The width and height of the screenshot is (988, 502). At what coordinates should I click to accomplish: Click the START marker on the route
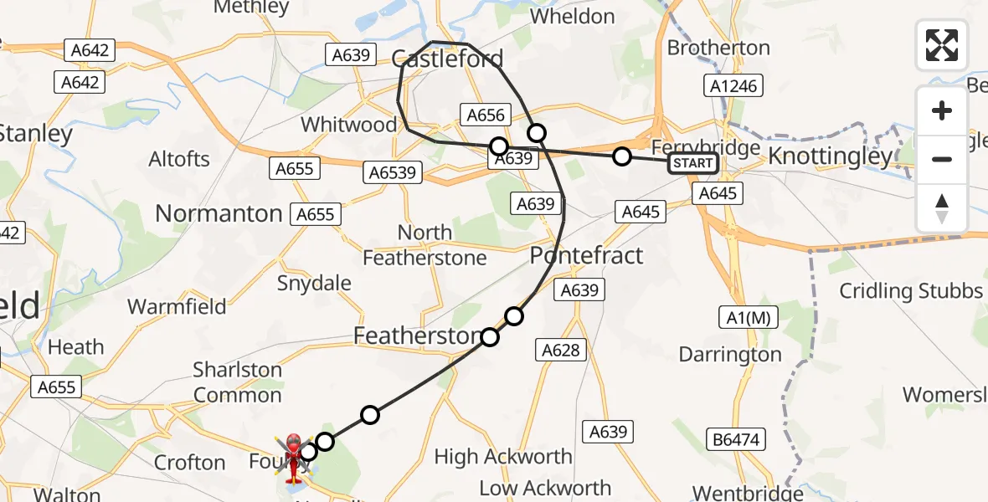(692, 163)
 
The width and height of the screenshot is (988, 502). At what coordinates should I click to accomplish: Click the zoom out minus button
(942, 159)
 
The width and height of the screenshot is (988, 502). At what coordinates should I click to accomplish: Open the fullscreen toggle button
(942, 45)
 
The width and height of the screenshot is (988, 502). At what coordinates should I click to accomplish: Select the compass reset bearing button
(942, 208)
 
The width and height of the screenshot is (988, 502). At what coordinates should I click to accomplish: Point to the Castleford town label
(448, 59)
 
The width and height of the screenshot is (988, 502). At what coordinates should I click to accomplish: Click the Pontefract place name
(586, 255)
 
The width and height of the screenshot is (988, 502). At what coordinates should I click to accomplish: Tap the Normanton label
(219, 213)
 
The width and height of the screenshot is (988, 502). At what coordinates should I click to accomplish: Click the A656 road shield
(486, 116)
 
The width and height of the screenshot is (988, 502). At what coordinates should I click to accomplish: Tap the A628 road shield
(561, 350)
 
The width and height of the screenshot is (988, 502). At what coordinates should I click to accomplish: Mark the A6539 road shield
(391, 173)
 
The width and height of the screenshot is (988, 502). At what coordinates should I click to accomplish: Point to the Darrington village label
(730, 355)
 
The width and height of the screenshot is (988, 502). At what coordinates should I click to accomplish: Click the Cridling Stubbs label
(911, 291)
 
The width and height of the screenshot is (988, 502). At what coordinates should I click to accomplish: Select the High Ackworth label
(503, 457)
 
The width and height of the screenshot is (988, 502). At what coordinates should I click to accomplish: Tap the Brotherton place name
(718, 48)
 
